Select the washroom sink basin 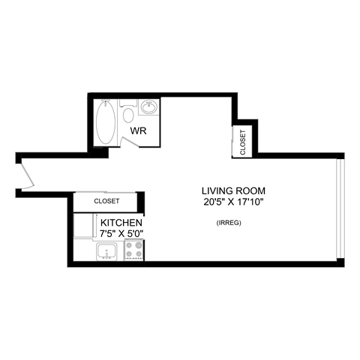148,108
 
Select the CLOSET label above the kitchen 106,202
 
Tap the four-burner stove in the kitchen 134,250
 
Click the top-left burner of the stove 130,245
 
